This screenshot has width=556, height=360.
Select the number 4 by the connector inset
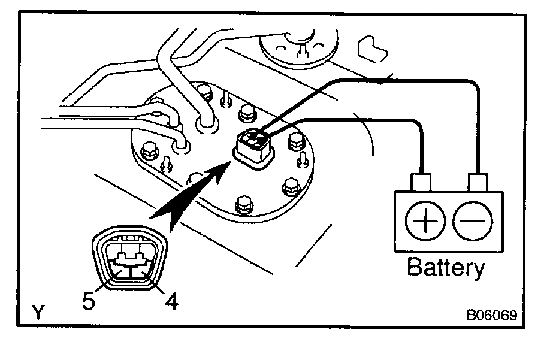[171, 302]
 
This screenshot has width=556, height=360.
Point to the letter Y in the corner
[38, 312]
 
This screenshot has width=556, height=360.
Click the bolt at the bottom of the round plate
[243, 204]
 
